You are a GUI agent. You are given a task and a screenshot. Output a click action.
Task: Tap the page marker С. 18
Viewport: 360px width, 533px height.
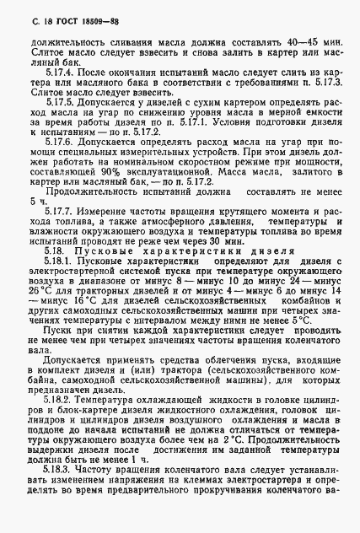click(x=25, y=16)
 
